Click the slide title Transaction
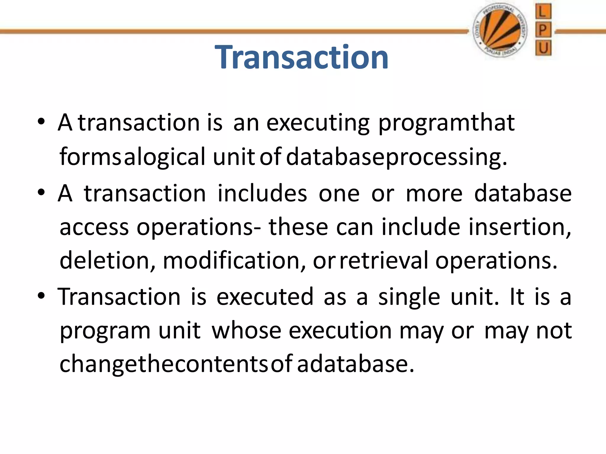[302, 57]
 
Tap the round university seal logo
[499, 31]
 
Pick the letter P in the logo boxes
[543, 30]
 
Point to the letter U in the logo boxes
[543, 48]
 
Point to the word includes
[262, 193]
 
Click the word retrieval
[384, 260]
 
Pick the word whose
[246, 330]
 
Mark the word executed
[265, 296]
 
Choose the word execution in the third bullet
[340, 330]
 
